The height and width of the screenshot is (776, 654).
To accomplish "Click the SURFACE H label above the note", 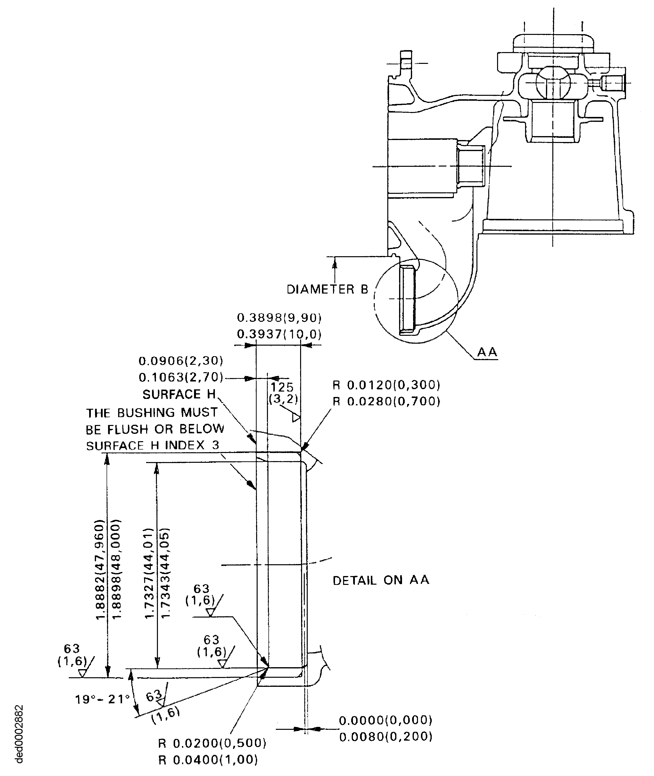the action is [x=179, y=394].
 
